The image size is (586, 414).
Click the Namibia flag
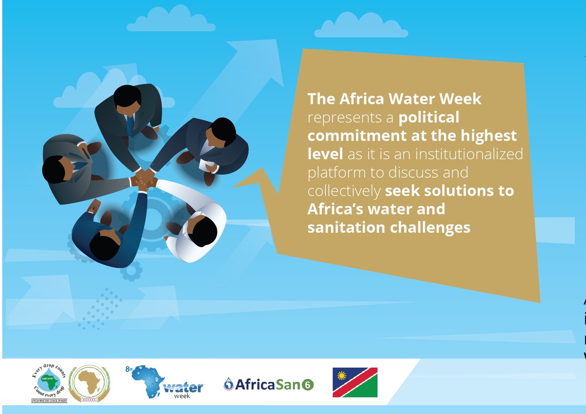(x=355, y=382)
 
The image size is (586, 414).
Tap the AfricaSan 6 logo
(x=268, y=384)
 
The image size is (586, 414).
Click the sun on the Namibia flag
(x=342, y=375)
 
